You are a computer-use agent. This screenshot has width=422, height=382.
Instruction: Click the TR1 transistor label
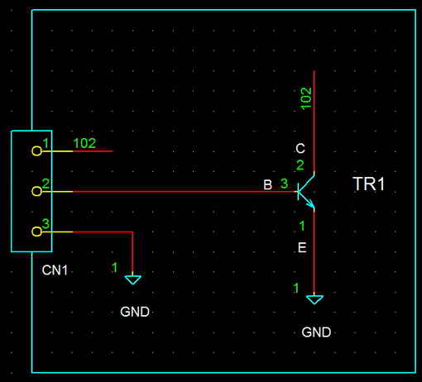click(x=368, y=184)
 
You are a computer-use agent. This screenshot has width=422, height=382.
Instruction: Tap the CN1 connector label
click(x=55, y=270)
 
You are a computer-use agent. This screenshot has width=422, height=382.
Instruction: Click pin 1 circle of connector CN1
click(x=36, y=151)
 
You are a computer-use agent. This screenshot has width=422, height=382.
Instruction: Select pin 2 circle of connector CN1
click(x=36, y=191)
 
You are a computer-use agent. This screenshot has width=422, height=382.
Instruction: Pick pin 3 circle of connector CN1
click(x=36, y=232)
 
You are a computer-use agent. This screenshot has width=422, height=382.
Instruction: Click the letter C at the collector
click(x=300, y=149)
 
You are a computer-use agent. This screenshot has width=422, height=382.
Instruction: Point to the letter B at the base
click(x=267, y=184)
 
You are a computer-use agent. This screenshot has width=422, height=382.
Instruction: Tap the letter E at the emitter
click(x=302, y=247)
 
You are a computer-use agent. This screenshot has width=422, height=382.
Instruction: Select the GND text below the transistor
click(x=316, y=332)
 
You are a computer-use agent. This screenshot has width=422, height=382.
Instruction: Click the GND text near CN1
click(x=135, y=312)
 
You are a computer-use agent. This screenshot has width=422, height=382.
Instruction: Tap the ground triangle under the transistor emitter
click(x=314, y=299)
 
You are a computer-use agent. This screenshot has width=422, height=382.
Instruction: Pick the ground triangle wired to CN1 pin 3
click(x=133, y=279)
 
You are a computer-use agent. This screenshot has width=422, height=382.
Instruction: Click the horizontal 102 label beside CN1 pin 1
click(x=84, y=143)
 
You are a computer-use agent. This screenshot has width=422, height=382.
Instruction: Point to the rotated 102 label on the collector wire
click(x=306, y=98)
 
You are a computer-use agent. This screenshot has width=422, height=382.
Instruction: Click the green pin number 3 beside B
click(x=284, y=184)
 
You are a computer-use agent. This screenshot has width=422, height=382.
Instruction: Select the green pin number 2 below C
click(x=300, y=165)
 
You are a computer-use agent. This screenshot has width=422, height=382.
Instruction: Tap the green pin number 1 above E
click(x=302, y=226)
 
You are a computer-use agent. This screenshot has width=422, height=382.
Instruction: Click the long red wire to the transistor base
click(x=185, y=191)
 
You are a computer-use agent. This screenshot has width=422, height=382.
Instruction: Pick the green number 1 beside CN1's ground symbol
click(x=114, y=267)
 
